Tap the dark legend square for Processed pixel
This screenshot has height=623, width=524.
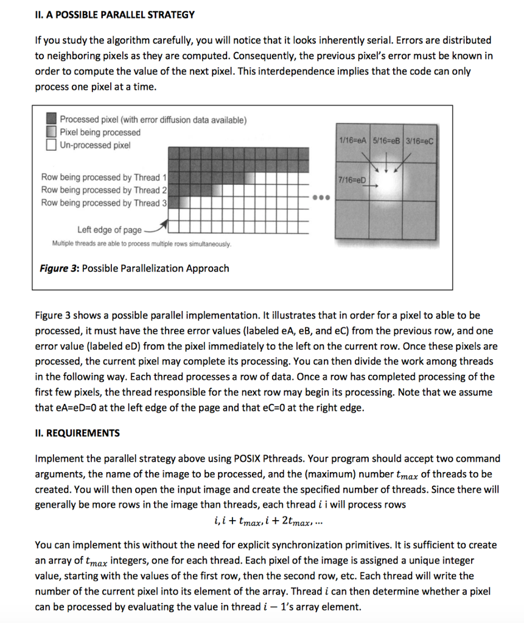pyautogui.click(x=52, y=119)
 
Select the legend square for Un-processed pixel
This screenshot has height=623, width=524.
pyautogui.click(x=52, y=145)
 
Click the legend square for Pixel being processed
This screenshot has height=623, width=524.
pyautogui.click(x=52, y=133)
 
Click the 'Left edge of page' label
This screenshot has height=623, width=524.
pyautogui.click(x=110, y=229)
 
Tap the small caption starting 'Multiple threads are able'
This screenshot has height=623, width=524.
pyautogui.click(x=141, y=243)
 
